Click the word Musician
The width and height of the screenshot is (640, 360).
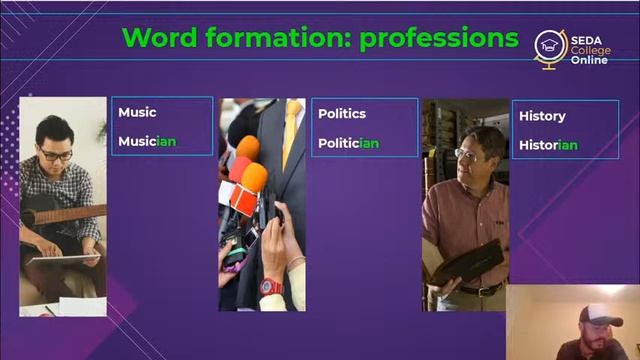click(x=147, y=141)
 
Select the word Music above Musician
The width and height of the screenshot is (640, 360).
click(x=137, y=112)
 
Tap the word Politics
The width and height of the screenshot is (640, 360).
click(x=342, y=113)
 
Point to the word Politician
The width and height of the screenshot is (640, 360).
click(x=348, y=143)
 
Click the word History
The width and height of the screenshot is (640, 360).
click(x=542, y=116)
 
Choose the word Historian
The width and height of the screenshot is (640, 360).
click(x=548, y=145)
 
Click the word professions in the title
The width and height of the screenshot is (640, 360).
click(x=439, y=38)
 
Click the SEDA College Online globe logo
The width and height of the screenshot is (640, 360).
click(x=550, y=46)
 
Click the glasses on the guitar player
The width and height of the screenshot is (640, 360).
click(x=56, y=154)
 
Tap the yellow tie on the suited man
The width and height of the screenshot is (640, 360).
click(x=292, y=130)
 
